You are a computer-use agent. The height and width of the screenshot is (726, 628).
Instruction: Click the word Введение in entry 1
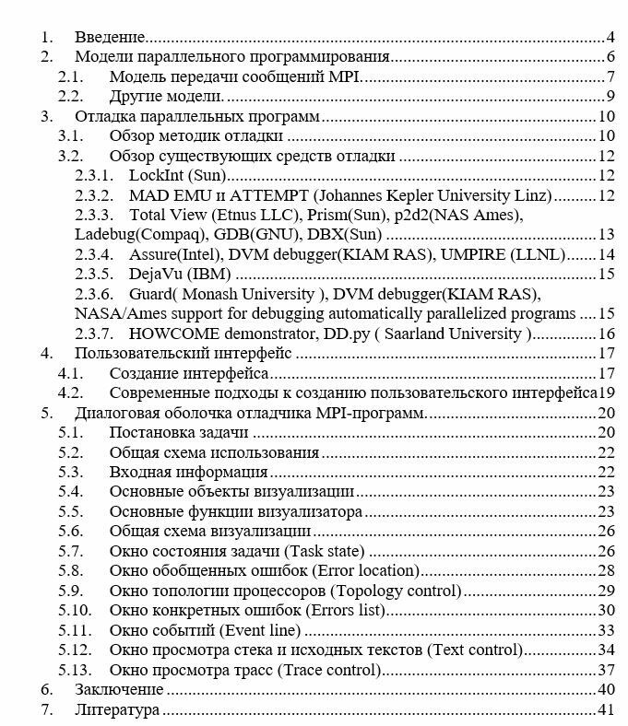110,37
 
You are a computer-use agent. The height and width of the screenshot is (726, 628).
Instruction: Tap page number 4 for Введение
610,37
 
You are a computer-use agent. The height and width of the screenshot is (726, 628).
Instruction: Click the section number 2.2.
71,96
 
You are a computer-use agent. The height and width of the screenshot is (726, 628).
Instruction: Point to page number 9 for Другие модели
610,96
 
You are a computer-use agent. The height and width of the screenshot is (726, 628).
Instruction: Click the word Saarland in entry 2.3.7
460,334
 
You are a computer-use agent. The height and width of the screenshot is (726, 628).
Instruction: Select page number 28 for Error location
606,570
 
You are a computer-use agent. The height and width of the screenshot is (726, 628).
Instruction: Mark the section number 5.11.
75,630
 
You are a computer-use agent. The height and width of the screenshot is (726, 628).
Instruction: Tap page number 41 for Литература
606,709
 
